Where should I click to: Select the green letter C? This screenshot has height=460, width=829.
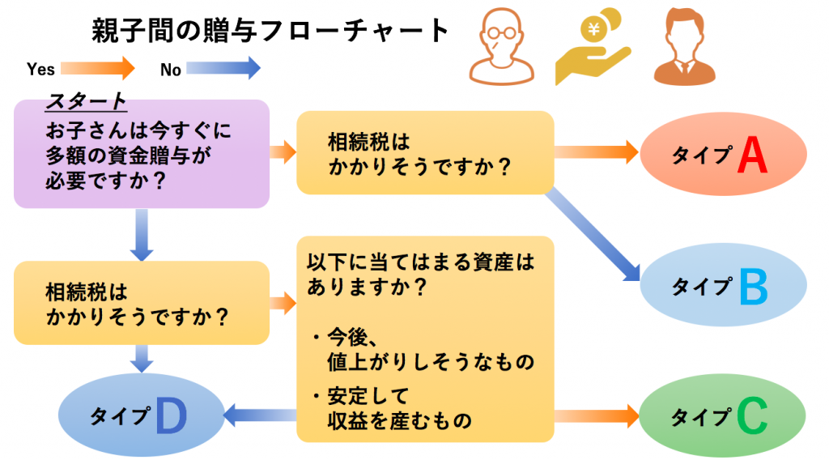pos(752,417)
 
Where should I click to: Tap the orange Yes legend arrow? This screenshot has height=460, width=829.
pos(98,68)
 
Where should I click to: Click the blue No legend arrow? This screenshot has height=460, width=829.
pos(223,68)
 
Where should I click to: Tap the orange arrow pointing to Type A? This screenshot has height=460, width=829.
pos(597,151)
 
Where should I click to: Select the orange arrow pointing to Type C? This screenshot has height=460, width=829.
pos(597,416)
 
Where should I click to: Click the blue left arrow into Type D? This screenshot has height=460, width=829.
pos(258,416)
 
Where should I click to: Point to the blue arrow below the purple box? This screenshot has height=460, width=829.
pos(142,235)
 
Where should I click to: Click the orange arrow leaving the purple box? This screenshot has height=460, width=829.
pos(283,151)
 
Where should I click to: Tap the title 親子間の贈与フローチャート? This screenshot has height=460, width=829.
pos(270,31)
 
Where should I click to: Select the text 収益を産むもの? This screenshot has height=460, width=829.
pos(399,420)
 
